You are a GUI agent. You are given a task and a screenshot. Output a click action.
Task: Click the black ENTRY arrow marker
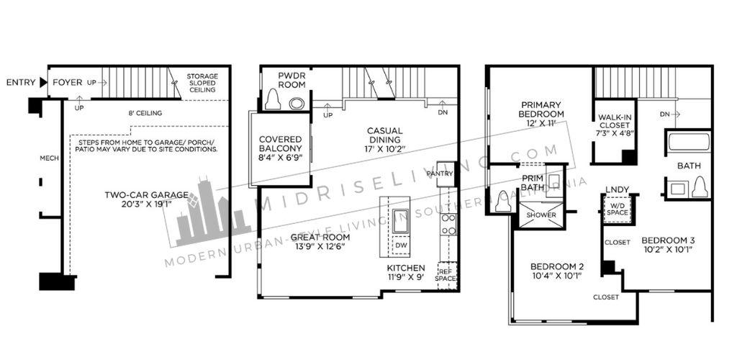coord(43,83)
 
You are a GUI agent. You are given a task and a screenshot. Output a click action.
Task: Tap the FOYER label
coord(67,82)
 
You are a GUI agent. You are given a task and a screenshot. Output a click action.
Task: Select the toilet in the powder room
coord(273,100)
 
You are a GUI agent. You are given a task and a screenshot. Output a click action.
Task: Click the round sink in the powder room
coord(297,103)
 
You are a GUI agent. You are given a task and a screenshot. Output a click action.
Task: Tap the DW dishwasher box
coord(401,246)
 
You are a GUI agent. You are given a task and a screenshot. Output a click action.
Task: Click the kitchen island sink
coord(400,221)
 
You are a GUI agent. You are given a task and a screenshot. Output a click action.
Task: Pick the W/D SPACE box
coord(617,209)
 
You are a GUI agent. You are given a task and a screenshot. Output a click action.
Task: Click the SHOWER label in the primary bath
coord(541,215)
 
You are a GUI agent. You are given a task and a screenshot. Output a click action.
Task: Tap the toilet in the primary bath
coord(502,201)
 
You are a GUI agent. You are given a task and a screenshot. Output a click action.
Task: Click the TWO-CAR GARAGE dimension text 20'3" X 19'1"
coord(146,204)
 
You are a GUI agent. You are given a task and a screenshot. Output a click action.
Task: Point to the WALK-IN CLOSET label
coord(614,125)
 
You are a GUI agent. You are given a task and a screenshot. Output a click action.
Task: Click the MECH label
coord(50,158)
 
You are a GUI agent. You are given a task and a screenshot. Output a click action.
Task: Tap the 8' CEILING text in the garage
coord(145,113)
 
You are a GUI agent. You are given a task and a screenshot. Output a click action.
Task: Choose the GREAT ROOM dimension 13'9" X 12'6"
coord(321,246)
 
